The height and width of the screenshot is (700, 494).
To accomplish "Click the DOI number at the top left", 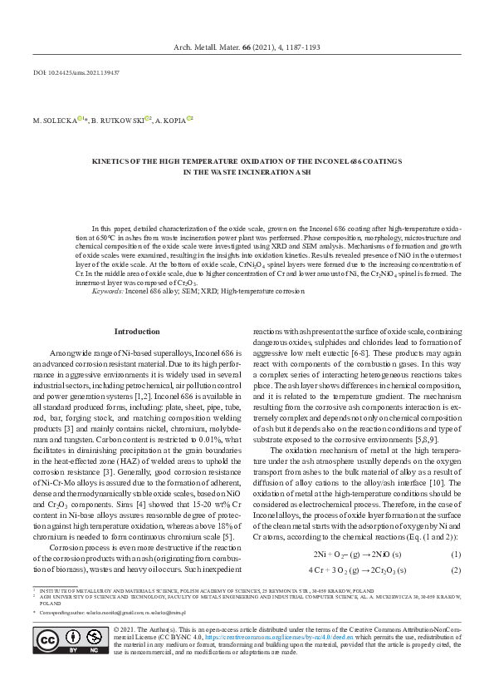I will click(x=77, y=73).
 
